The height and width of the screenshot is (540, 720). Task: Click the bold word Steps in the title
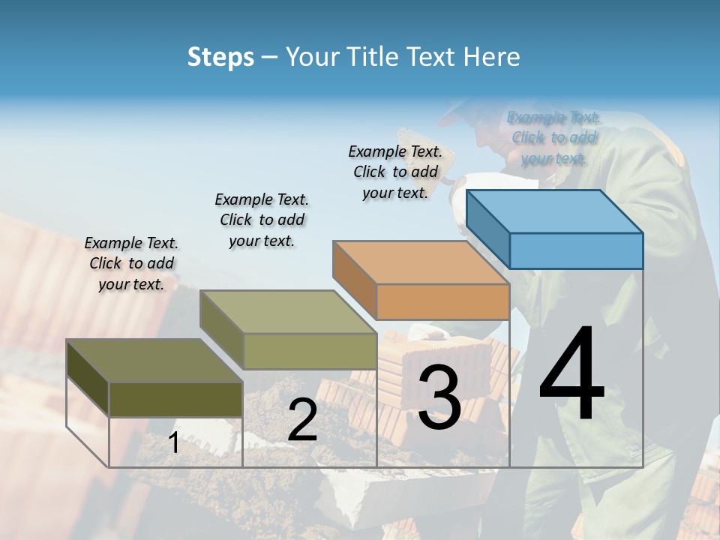(220, 57)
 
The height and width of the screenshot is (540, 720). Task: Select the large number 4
(571, 375)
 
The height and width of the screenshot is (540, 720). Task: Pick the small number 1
(174, 443)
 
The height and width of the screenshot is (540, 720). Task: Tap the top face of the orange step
(421, 262)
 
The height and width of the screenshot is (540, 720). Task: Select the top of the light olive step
(288, 312)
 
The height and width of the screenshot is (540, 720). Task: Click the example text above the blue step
(553, 137)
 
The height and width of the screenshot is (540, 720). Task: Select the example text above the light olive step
(262, 220)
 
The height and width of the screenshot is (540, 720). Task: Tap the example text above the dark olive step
(131, 263)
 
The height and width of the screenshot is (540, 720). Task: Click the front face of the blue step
(576, 250)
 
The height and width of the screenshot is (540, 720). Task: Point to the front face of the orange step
(442, 302)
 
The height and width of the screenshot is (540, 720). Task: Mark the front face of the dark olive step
(175, 399)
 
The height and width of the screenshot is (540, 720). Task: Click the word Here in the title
(491, 57)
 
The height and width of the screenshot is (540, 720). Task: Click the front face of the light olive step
(310, 351)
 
